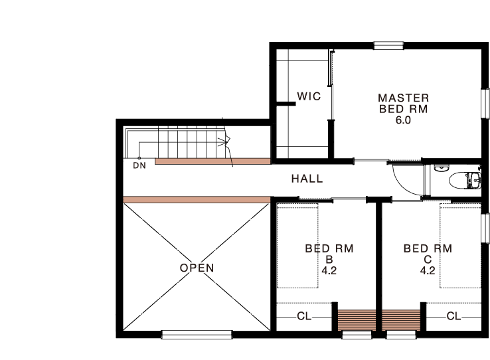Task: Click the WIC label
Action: pos(309,96)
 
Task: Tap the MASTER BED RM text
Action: pos(403,104)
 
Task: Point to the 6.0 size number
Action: pos(403,120)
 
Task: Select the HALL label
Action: pos(307,179)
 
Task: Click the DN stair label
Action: pos(139,165)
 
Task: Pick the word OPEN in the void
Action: pos(197,268)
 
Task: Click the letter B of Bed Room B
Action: pos(329,260)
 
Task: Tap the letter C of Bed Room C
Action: pos(428,260)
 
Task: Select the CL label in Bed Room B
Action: pos(304,316)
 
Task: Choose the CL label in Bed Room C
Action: pos(453,316)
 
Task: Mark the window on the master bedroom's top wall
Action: pos(389,46)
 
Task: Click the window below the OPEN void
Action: pos(197,334)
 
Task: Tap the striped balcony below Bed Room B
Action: pos(357,320)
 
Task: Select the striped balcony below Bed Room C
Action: pos(401,320)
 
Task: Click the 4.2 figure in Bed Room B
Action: pos(329,270)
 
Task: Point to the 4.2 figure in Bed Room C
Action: pos(428,270)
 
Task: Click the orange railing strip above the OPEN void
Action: pos(197,200)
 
